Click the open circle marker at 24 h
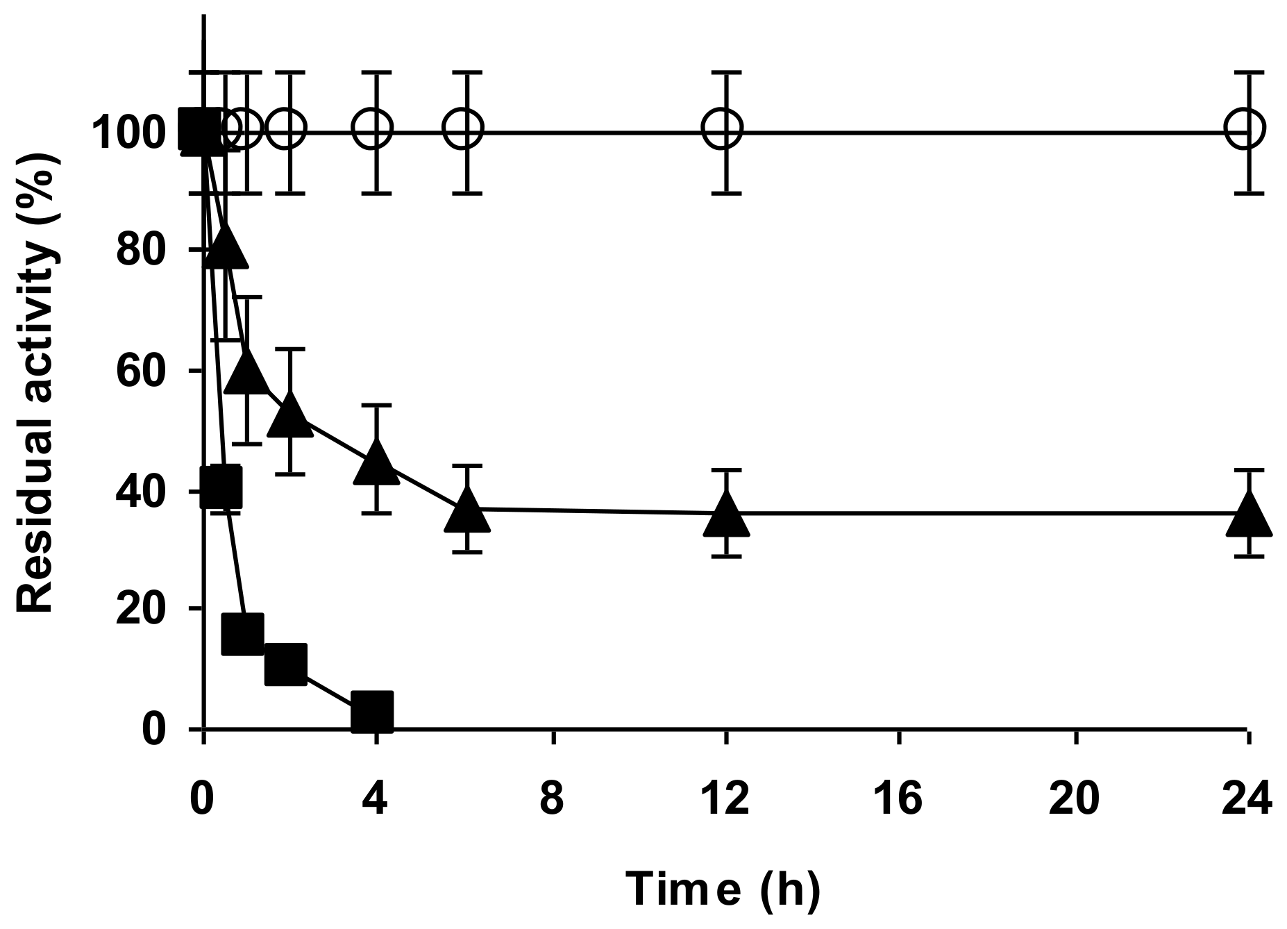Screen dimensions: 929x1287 click(1247, 128)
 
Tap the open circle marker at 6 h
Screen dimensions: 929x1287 click(463, 128)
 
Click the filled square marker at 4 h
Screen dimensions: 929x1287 click(372, 711)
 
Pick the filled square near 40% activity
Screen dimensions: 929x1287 click(221, 487)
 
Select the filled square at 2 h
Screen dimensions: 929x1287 click(286, 663)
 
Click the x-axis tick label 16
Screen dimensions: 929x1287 click(900, 798)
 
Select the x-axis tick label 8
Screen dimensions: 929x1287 click(553, 798)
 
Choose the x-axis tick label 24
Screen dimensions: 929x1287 click(1247, 798)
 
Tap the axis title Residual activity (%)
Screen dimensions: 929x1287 click(36, 383)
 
